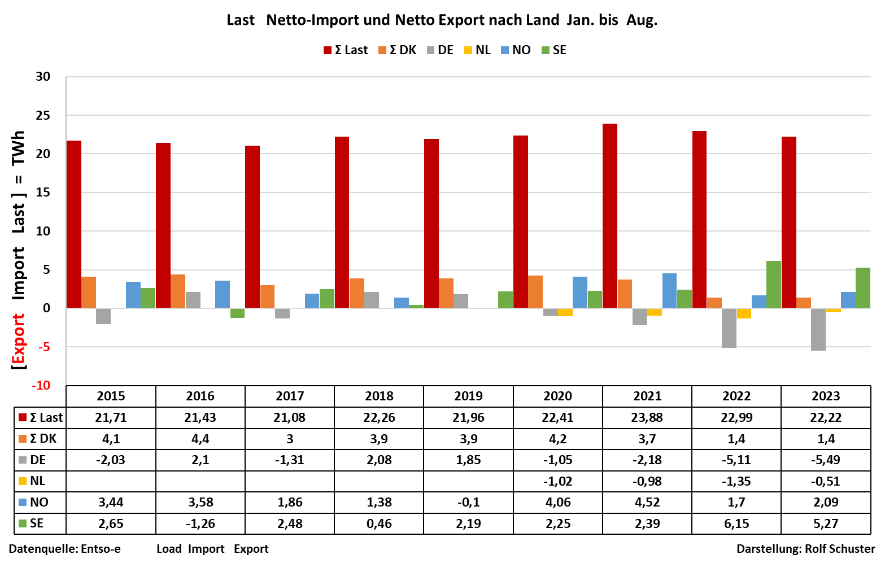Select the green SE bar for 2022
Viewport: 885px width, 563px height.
pyautogui.click(x=774, y=285)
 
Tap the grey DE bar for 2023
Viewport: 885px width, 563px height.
pyautogui.click(x=818, y=329)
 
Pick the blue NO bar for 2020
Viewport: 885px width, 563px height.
pyautogui.click(x=580, y=293)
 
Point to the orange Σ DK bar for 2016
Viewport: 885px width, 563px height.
pyautogui.click(x=178, y=291)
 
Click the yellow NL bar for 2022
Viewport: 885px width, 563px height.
pyautogui.click(x=744, y=313)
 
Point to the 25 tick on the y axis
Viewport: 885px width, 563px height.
pyautogui.click(x=43, y=115)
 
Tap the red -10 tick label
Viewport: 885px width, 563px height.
pyautogui.click(x=41, y=386)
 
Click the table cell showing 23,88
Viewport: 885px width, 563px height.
pyautogui.click(x=647, y=418)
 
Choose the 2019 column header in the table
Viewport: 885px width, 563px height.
pyautogui.click(x=468, y=396)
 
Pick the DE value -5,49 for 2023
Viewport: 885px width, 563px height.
pyautogui.click(x=826, y=460)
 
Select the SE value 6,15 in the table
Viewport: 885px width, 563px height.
pyautogui.click(x=736, y=524)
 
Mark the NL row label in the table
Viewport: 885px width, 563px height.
pyautogui.click(x=37, y=481)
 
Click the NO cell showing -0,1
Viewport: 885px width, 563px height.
pyautogui.click(x=468, y=503)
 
